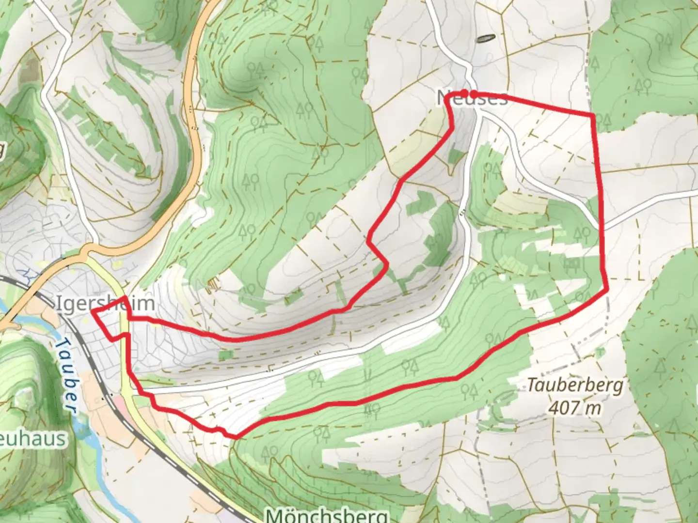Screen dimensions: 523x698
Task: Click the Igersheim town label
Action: click(x=106, y=304)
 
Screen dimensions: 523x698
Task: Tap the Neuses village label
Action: click(x=472, y=98)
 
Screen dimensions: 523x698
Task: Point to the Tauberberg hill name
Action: click(x=575, y=386)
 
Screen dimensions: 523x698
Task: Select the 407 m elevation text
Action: click(x=575, y=408)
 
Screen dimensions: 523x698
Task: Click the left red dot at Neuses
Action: click(x=464, y=92)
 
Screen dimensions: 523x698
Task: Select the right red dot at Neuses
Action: click(x=474, y=94)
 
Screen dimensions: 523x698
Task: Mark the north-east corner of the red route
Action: click(x=593, y=115)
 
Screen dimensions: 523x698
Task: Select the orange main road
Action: click(x=194, y=160)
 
